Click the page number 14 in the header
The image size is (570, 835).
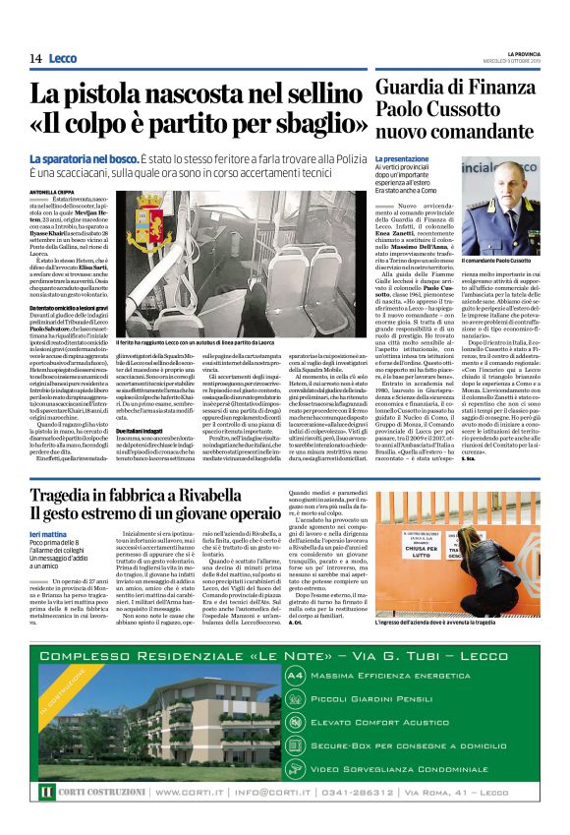pos(35,58)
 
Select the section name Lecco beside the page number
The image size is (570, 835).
pos(62,58)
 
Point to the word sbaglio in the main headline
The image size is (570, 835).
pos(311,124)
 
